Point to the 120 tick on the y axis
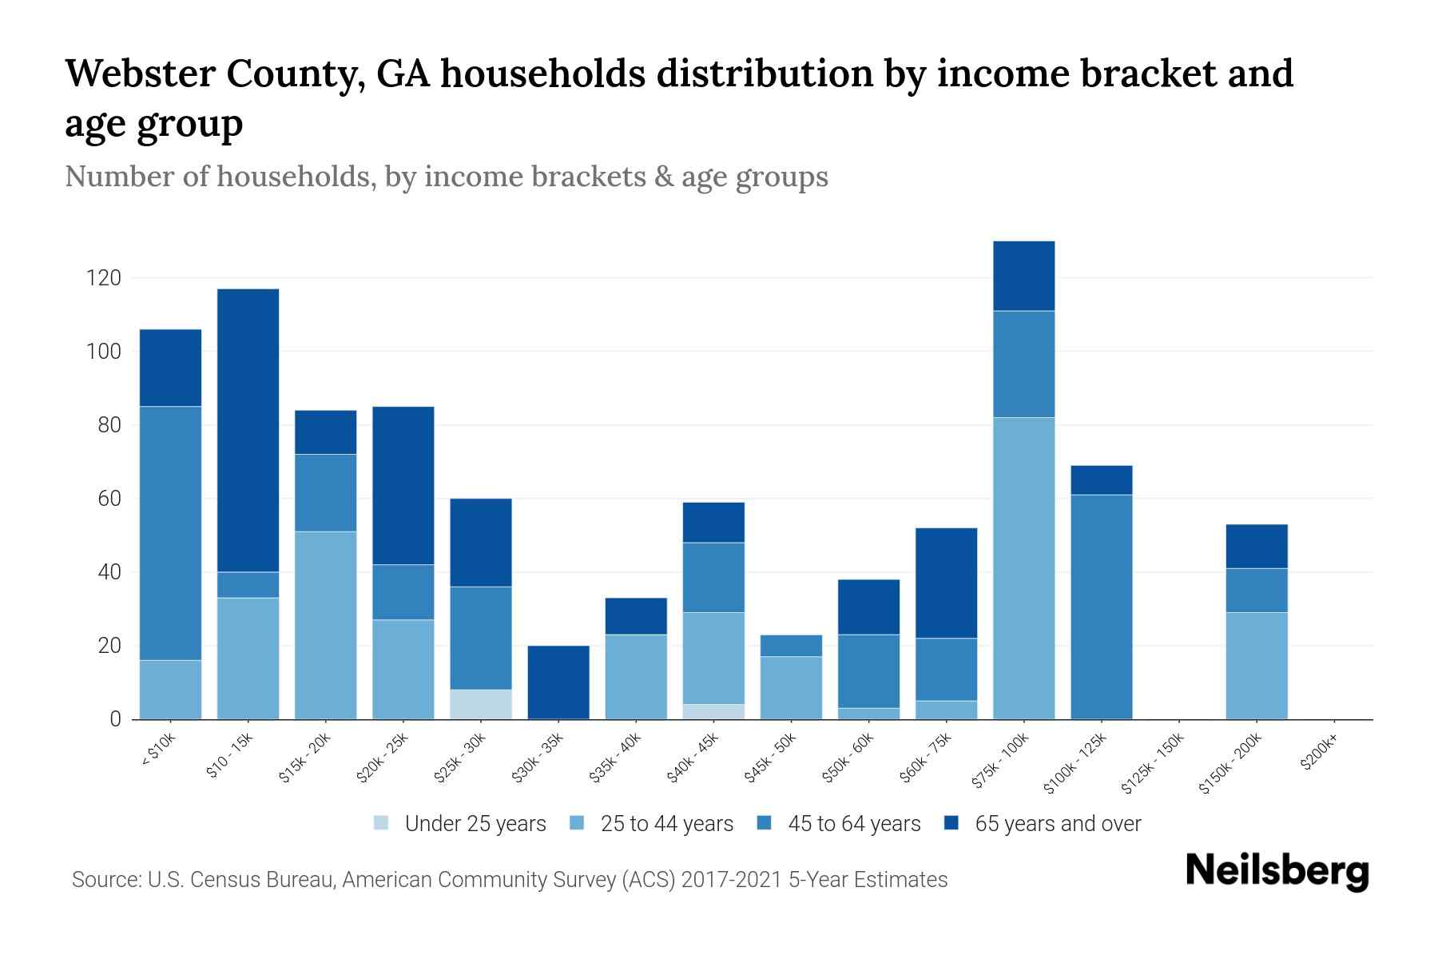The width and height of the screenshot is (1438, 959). [104, 278]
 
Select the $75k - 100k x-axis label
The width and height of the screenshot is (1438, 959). [1002, 762]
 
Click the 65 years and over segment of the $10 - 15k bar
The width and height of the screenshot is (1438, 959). [248, 430]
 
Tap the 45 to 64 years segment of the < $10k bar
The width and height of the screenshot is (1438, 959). [170, 533]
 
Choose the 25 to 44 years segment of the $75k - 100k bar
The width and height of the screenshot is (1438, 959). [1023, 567]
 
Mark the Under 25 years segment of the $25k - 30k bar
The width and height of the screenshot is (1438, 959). [481, 704]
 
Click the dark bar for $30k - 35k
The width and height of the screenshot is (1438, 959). [558, 682]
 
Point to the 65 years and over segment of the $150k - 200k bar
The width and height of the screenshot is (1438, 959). [1257, 546]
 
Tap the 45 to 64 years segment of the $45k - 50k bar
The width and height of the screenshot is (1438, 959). [791, 645]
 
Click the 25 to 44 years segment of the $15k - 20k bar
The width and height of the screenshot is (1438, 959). [325, 625]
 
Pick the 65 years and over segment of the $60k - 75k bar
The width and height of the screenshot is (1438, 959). [946, 583]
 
